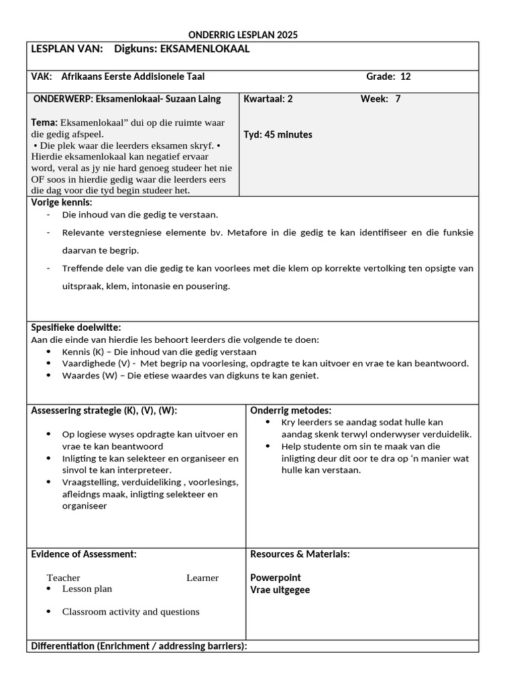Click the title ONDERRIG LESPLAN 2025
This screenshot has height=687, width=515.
(x=243, y=34)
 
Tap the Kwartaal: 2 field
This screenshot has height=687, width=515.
(x=268, y=99)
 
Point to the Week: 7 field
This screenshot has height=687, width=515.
(x=381, y=99)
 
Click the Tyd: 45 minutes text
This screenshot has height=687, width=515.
(x=278, y=134)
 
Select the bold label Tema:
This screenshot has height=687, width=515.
(x=44, y=122)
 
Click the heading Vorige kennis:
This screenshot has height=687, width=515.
(x=62, y=202)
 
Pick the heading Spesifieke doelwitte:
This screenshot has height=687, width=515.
(x=76, y=327)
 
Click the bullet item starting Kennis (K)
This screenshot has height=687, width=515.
(x=159, y=352)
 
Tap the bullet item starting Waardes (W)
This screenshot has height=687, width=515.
(x=190, y=376)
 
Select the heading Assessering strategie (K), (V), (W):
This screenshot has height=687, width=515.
(x=104, y=411)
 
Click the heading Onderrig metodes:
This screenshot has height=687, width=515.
(x=291, y=411)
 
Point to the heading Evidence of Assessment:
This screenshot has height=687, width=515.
(x=84, y=554)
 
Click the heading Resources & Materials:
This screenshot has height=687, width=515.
(x=300, y=554)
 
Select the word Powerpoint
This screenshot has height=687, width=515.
(x=276, y=578)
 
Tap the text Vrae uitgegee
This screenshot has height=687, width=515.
(x=280, y=590)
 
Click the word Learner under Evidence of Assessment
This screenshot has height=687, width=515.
(x=203, y=578)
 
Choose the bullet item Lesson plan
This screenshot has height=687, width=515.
(x=87, y=589)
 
